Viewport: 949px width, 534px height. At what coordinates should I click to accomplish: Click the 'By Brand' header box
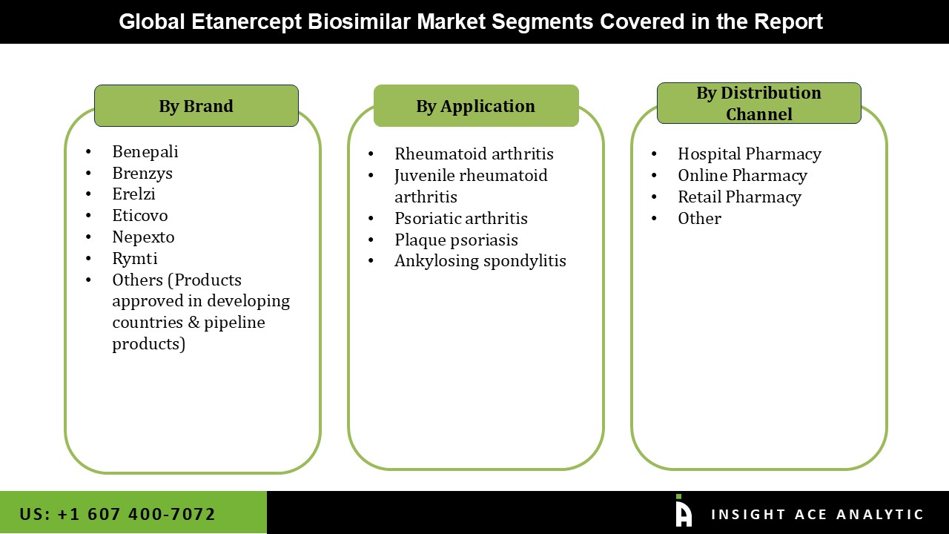[x=196, y=106]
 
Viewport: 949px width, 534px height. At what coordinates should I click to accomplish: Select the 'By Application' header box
[x=475, y=106]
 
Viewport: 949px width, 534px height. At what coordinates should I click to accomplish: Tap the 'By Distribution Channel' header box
[x=758, y=103]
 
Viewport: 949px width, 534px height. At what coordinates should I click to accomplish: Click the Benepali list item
[x=145, y=151]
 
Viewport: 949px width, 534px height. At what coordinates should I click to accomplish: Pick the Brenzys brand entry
[x=142, y=173]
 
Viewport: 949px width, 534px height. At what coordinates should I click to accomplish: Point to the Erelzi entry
[x=133, y=194]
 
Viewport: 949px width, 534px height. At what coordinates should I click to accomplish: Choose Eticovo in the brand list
[x=140, y=216]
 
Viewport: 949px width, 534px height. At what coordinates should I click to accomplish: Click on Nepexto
[x=143, y=237]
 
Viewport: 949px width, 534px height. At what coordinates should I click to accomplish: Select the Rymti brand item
[x=135, y=259]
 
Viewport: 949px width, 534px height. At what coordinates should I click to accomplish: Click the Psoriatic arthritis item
[x=460, y=218]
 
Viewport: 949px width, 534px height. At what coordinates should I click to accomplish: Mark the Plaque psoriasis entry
[x=456, y=240]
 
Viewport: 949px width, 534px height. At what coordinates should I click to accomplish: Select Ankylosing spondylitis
[x=480, y=261]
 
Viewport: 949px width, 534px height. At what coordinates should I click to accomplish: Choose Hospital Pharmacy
[x=749, y=154]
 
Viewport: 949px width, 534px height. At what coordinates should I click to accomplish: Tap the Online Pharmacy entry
[x=742, y=176]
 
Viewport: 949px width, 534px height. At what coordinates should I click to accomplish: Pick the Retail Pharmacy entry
[x=739, y=197]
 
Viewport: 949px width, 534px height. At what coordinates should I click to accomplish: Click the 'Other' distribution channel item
[x=699, y=219]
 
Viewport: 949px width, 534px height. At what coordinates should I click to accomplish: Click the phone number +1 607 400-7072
[x=118, y=514]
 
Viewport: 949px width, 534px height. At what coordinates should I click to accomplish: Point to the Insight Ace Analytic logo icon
[x=683, y=512]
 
